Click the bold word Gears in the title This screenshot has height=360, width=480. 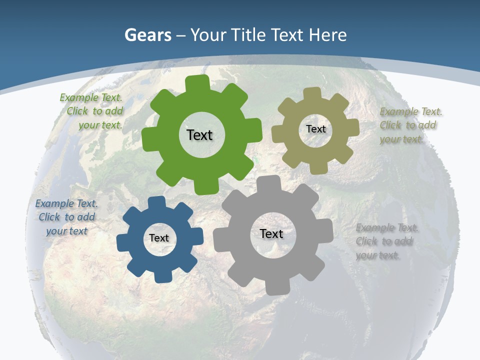(147, 35)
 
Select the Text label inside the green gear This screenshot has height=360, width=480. (199, 135)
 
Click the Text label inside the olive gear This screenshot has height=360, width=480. (316, 129)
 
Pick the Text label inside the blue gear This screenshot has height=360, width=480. (159, 238)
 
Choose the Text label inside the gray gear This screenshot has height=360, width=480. (271, 233)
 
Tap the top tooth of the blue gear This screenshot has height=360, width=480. (157, 201)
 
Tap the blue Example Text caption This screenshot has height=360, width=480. (66, 217)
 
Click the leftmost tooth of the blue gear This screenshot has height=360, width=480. (122, 242)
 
